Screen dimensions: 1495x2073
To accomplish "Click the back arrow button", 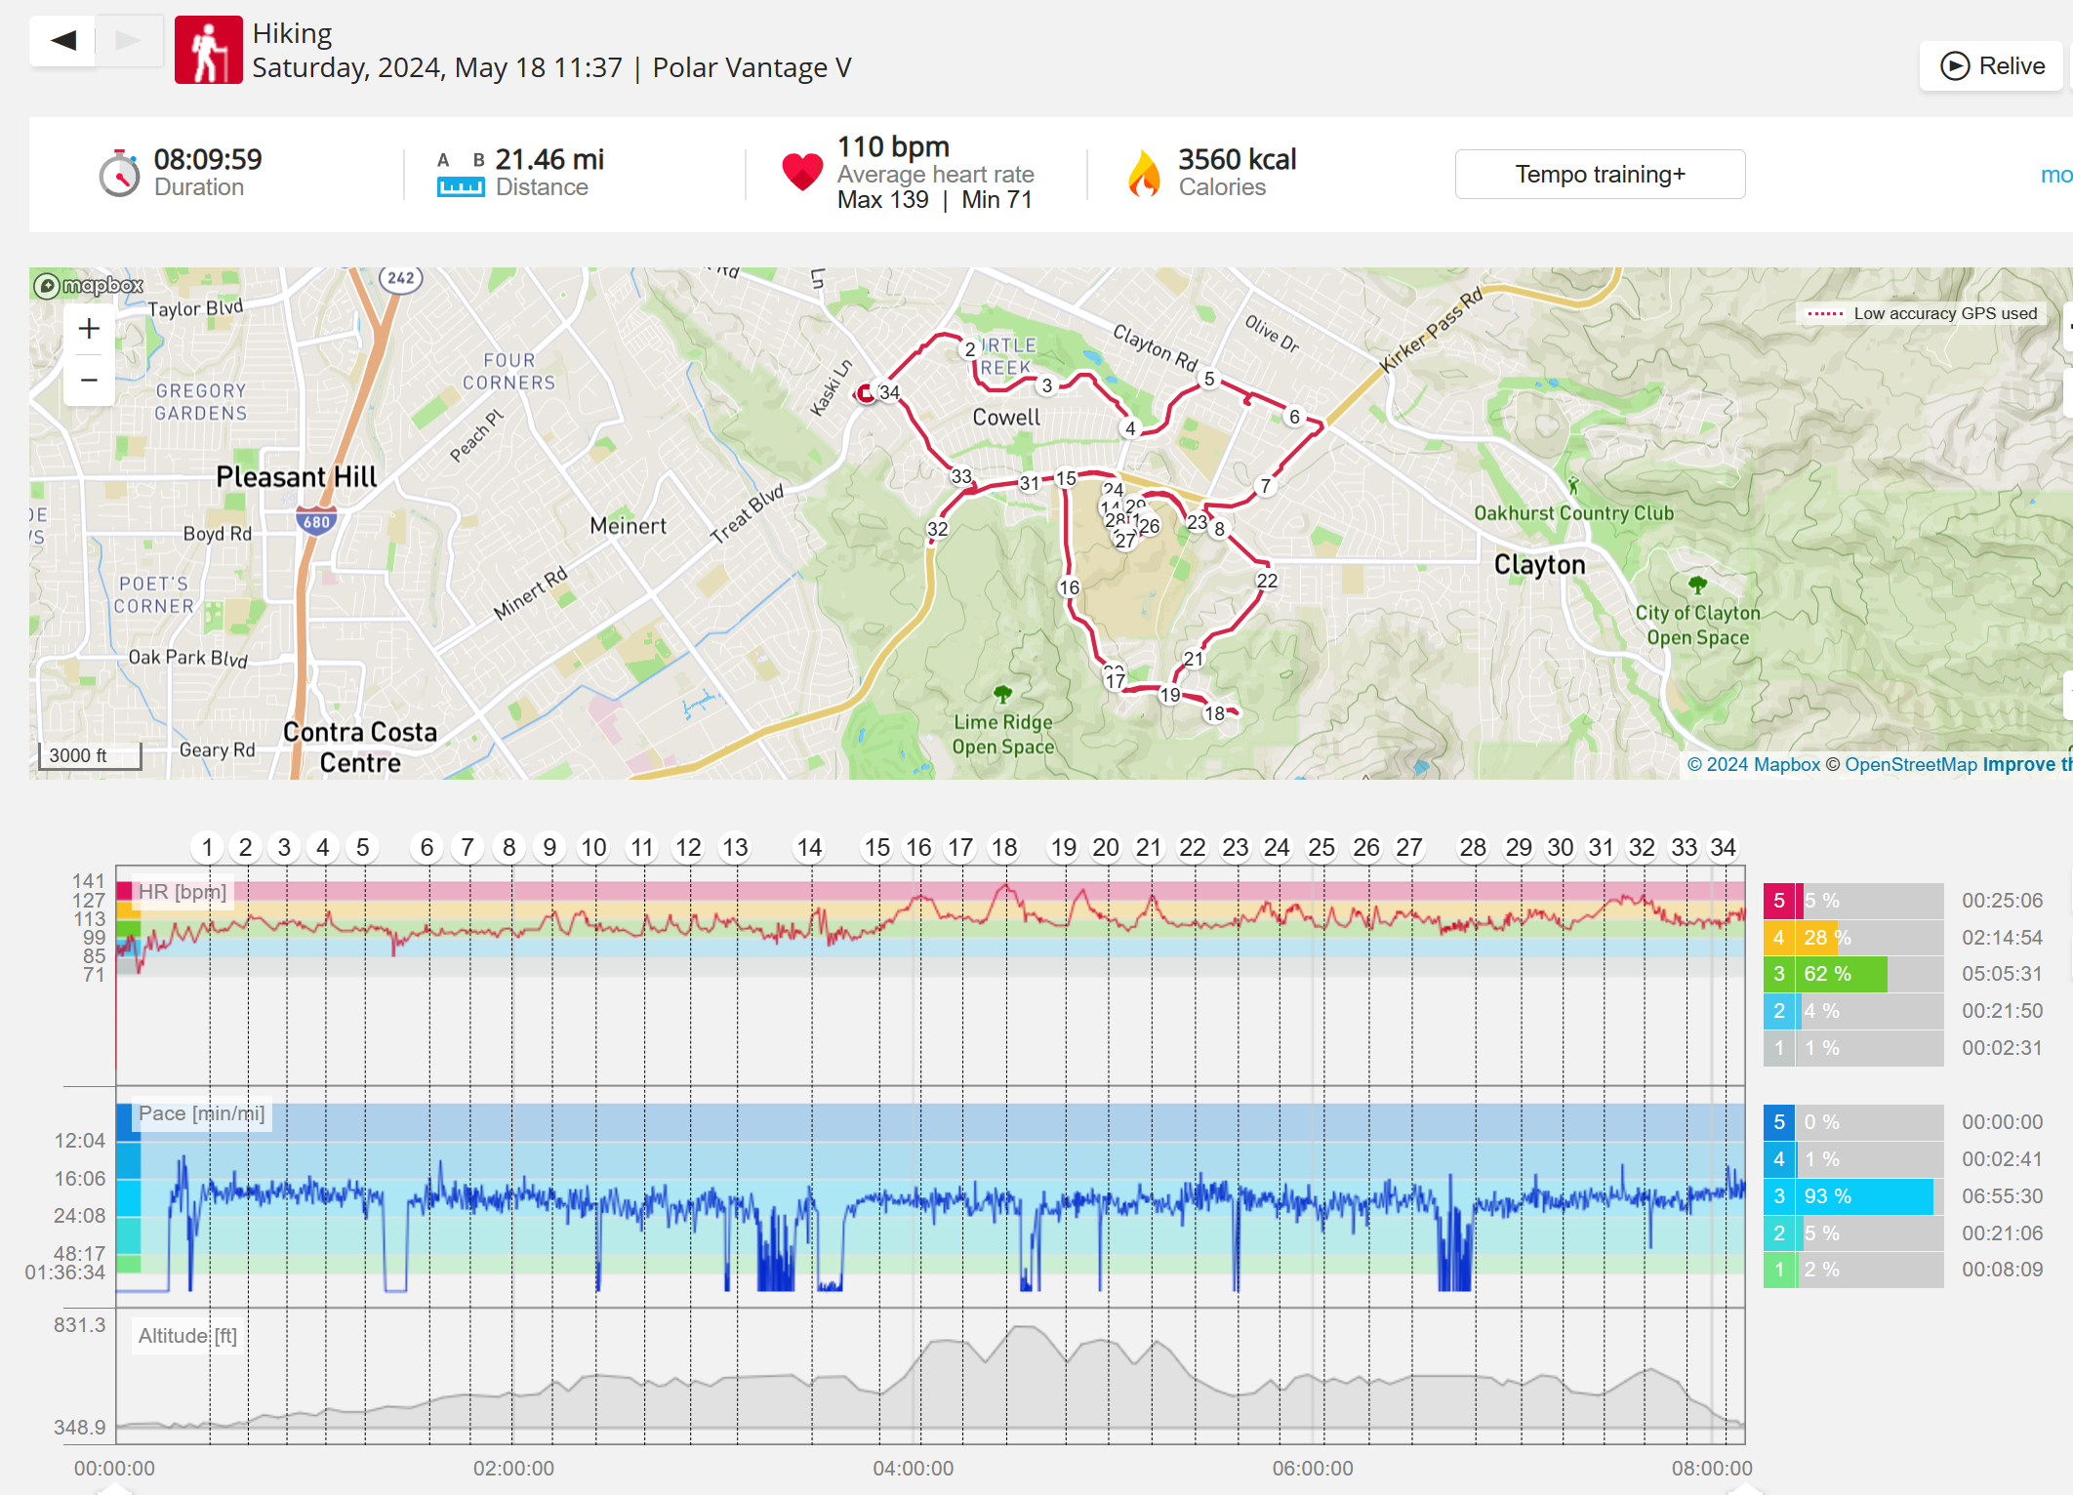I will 63,41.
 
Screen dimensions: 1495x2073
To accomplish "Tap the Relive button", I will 1992,66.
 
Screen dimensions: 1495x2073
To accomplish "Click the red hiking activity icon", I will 208,50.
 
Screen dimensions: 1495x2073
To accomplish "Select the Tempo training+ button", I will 1599,175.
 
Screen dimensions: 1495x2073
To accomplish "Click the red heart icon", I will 802,172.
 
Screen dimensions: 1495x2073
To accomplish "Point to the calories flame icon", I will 1144,174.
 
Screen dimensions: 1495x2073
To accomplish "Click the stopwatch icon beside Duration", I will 119,174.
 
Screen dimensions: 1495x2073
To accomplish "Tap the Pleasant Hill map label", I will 296,477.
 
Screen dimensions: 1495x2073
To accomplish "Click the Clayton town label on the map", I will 1539,565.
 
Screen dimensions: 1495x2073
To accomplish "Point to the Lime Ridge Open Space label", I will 1003,734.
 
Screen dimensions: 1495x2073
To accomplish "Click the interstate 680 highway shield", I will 316,521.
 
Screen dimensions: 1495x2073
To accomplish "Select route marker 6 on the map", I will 1294,417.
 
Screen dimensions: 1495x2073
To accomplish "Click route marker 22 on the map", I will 1267,581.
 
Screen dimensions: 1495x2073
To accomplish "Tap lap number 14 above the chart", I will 809,847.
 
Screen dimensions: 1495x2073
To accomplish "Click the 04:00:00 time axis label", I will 913,1468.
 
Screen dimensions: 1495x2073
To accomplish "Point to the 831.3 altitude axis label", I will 79,1324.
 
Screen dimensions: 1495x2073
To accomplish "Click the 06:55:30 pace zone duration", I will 2002,1196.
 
